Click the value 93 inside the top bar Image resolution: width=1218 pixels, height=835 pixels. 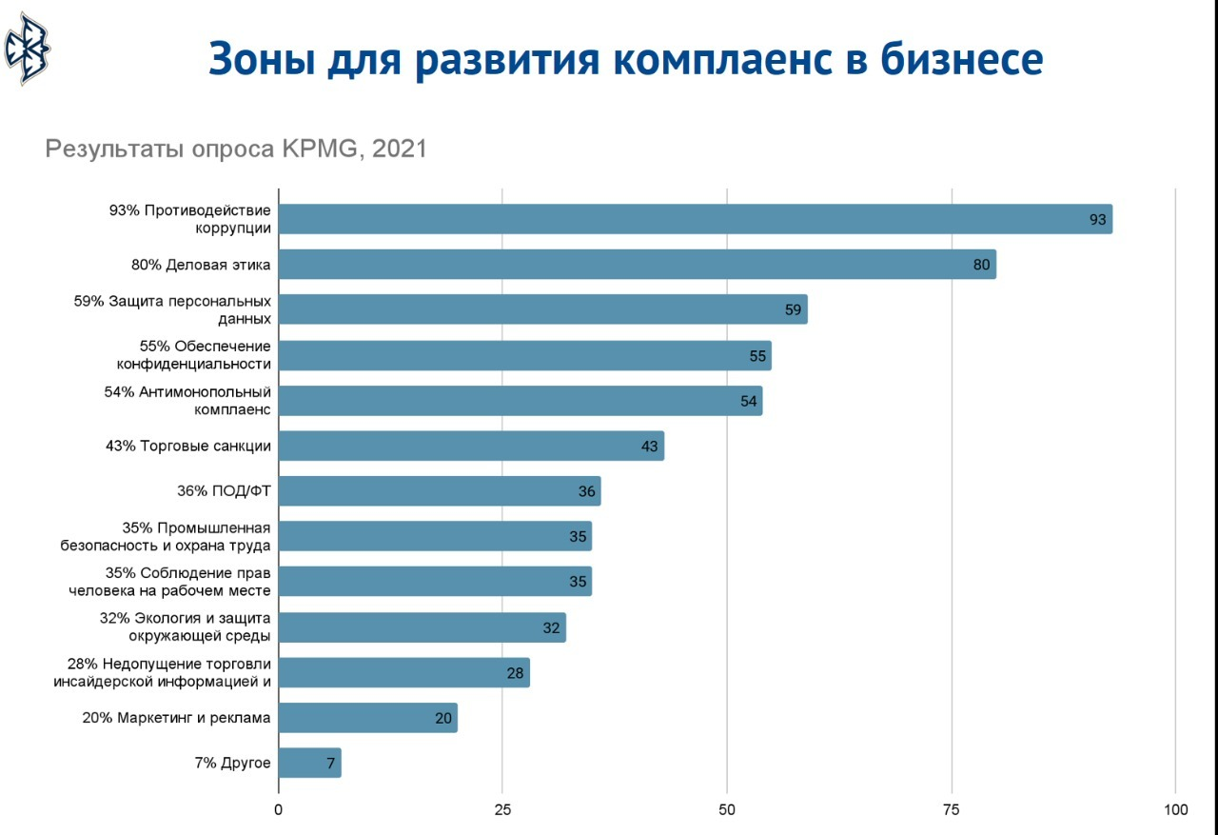1098,220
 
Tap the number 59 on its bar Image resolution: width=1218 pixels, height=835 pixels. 794,310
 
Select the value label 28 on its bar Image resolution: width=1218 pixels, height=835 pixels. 516,673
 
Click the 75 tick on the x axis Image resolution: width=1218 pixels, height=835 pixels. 952,810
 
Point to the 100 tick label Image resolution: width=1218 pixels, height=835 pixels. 1175,810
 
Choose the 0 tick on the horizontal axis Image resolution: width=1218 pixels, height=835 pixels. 278,810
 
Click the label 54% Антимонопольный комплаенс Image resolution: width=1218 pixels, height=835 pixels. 188,401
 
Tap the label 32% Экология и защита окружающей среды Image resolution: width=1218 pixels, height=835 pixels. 186,626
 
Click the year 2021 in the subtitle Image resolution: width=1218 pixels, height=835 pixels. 400,149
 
